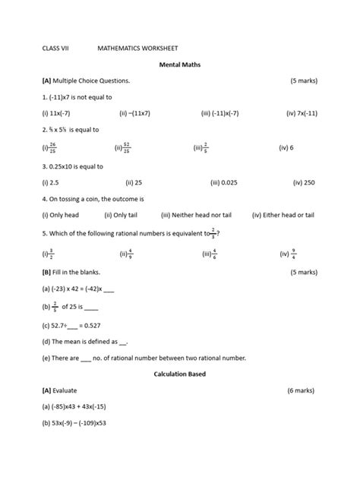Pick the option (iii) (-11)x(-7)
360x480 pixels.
click(x=225, y=113)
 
